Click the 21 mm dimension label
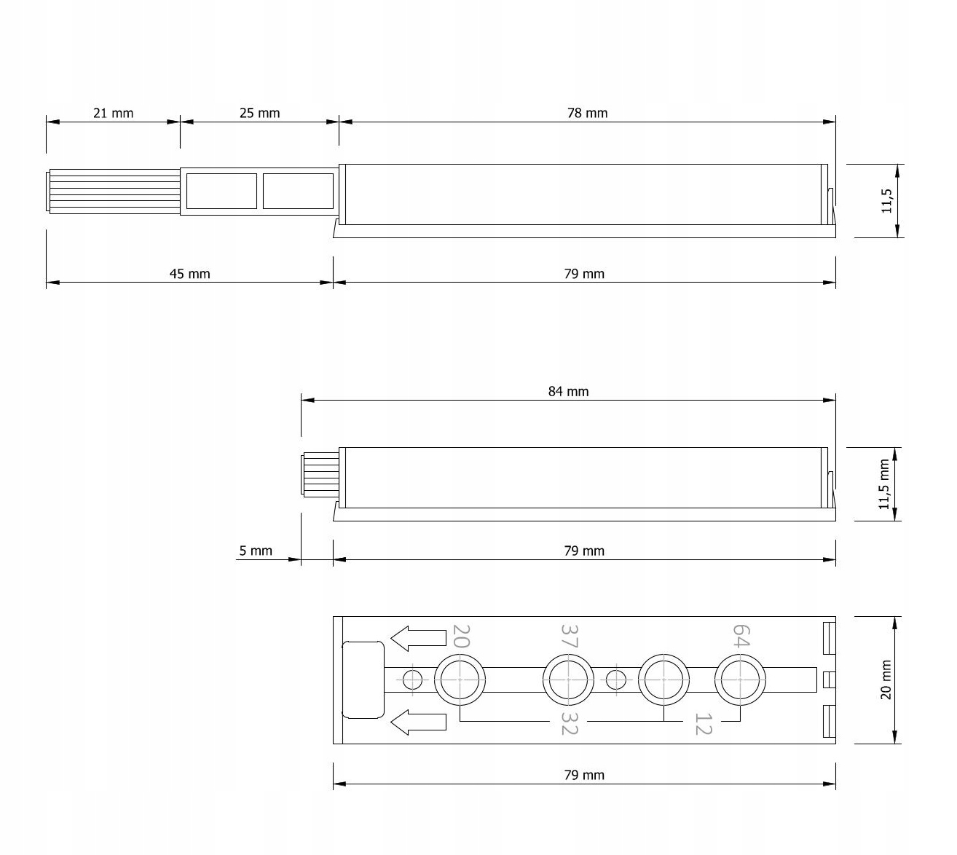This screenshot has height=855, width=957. click(x=113, y=113)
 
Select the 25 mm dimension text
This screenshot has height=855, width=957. click(x=259, y=113)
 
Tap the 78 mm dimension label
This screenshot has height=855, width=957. click(x=587, y=113)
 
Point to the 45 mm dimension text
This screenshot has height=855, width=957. click(x=189, y=274)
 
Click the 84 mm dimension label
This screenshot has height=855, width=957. click(x=568, y=391)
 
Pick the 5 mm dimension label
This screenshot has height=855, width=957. click(x=256, y=551)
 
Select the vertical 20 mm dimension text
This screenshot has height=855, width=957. click(x=886, y=679)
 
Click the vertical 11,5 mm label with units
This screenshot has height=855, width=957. click(x=884, y=484)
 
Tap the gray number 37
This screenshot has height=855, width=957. click(x=569, y=636)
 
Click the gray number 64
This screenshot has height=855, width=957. click(x=740, y=635)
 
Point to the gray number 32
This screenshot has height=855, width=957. click(x=569, y=723)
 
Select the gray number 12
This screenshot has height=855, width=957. click(x=702, y=724)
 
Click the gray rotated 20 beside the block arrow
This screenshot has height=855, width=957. click(x=461, y=636)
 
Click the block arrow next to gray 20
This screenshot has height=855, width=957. click(x=418, y=638)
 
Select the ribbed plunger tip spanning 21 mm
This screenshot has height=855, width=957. click(x=114, y=192)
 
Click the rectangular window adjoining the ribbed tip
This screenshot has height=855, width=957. click(x=221, y=192)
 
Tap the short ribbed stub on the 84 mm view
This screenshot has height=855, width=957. click(x=320, y=474)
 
